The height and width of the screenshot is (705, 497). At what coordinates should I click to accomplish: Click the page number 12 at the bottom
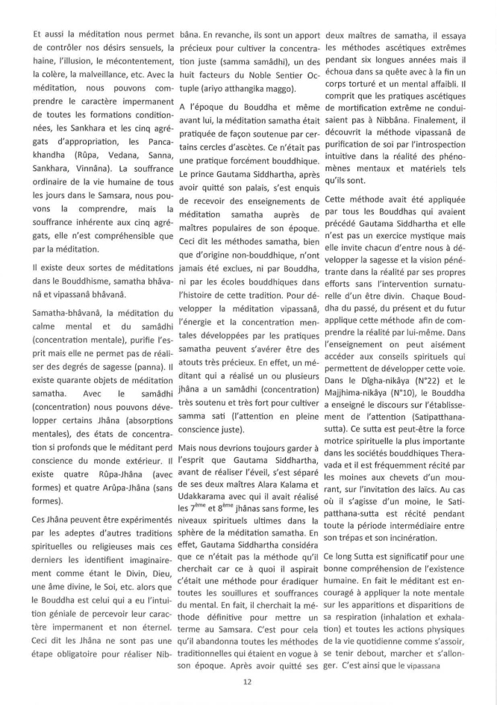pos(248,681)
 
